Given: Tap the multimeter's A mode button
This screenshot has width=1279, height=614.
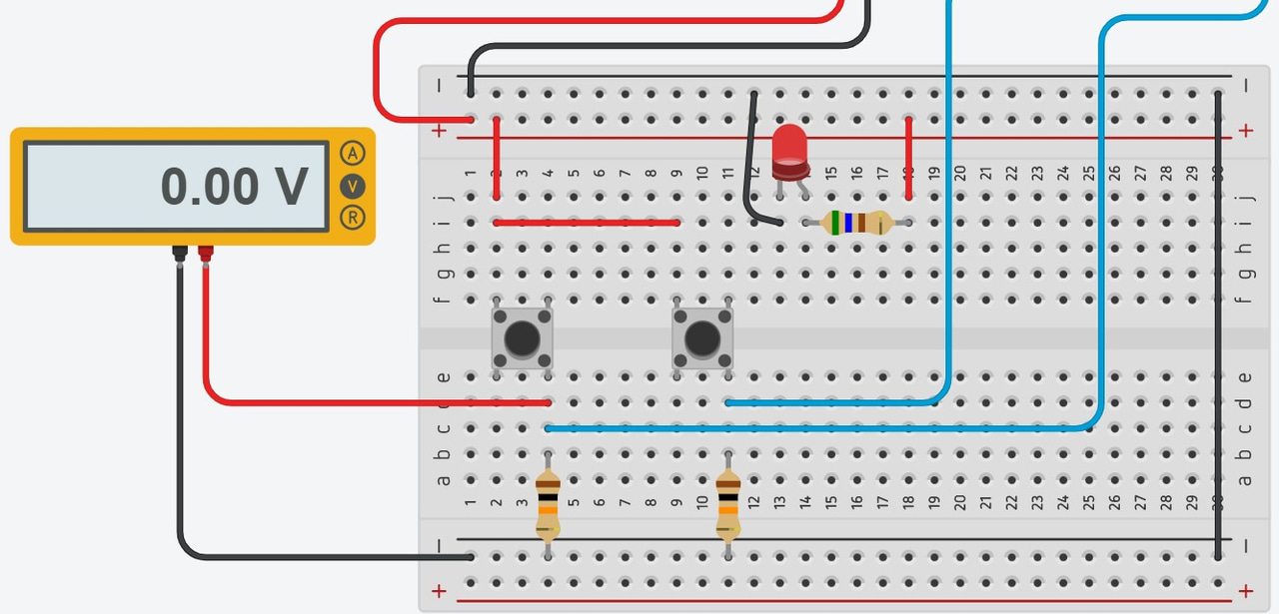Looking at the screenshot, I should click(x=352, y=153).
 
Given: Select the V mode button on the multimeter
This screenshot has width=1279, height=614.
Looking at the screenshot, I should click(x=352, y=186).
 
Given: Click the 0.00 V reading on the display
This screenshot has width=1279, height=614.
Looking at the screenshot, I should click(x=234, y=187).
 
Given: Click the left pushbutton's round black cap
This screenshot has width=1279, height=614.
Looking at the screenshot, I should click(x=522, y=339).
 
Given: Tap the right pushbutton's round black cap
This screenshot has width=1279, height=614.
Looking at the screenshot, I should click(x=701, y=339).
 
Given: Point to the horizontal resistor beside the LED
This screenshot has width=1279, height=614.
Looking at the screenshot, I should click(x=855, y=223).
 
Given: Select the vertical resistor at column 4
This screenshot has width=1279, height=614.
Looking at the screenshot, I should click(x=548, y=505).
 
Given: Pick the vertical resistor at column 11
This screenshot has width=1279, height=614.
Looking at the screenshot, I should click(x=727, y=505).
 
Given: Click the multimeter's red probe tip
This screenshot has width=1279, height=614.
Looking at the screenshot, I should click(x=205, y=254).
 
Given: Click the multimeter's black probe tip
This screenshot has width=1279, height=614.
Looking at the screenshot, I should click(x=180, y=254).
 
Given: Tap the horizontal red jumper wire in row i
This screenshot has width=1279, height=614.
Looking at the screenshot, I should click(x=587, y=223).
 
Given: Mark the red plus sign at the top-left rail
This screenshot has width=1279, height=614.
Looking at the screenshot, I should click(x=439, y=131).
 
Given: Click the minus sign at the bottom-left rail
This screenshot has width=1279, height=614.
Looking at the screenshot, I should click(x=439, y=545).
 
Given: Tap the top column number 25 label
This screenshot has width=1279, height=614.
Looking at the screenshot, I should click(x=1088, y=174).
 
